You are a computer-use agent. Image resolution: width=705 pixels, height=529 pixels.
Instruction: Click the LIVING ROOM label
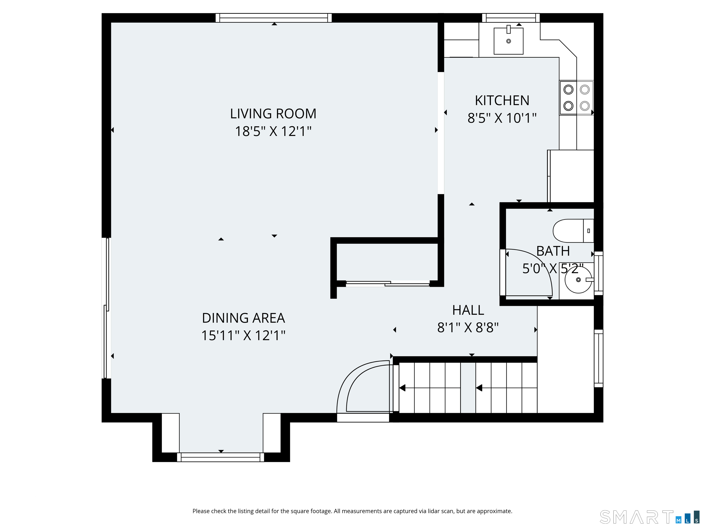pyautogui.click(x=273, y=114)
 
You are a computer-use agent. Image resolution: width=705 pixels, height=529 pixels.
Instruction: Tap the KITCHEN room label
pyautogui.click(x=502, y=101)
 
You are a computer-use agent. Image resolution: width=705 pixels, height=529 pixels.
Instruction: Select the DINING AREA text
pyautogui.click(x=243, y=318)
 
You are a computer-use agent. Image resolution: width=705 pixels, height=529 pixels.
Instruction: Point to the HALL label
pyautogui.click(x=468, y=310)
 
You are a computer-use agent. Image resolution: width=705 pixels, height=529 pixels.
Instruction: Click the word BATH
pyautogui.click(x=553, y=251)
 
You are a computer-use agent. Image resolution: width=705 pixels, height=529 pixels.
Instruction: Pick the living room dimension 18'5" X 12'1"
pyautogui.click(x=273, y=131)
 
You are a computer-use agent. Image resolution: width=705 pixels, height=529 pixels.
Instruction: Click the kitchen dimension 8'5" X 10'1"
pyautogui.click(x=502, y=118)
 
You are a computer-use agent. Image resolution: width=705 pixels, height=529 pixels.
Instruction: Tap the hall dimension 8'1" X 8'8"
pyautogui.click(x=468, y=327)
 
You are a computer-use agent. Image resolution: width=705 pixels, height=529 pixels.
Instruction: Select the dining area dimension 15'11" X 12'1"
pyautogui.click(x=243, y=335)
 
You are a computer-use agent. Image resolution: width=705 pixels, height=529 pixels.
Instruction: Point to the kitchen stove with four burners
pyautogui.click(x=576, y=98)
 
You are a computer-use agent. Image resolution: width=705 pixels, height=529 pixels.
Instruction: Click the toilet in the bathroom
pyautogui.click(x=573, y=231)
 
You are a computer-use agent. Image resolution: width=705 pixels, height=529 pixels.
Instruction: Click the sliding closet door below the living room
pyautogui.click(x=388, y=284)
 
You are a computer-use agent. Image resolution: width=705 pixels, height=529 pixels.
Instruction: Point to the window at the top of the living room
pyautogui.click(x=274, y=18)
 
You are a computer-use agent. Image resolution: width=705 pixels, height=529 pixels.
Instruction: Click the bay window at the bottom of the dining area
pyautogui.click(x=221, y=457)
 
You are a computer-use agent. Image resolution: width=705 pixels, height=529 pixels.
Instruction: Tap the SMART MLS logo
pyautogui.click(x=649, y=517)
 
